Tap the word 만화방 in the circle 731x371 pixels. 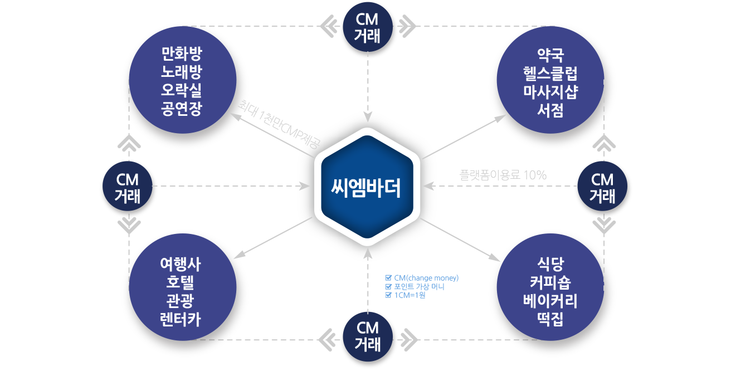[x=181, y=55]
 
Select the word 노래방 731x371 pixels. [x=181, y=72]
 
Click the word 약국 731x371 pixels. [x=549, y=55]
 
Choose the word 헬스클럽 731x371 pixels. [x=549, y=72]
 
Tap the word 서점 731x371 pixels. [x=549, y=109]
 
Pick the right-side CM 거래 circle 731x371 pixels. [x=602, y=187]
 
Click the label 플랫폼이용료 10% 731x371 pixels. [x=503, y=175]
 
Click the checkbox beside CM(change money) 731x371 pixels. [x=388, y=277]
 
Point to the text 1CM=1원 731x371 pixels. [x=410, y=295]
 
